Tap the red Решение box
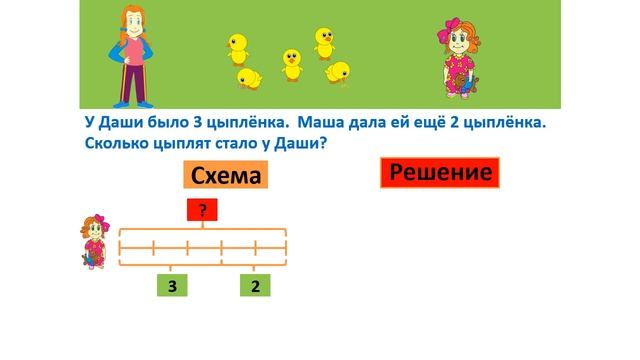coord(439,173)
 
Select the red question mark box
coord(203,210)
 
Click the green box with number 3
coord(172,287)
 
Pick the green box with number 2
coord(256,287)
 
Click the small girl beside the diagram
coord(93,240)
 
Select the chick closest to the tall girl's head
coord(238,45)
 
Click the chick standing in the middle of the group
coord(291,62)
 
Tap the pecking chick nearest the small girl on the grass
coord(338,72)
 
